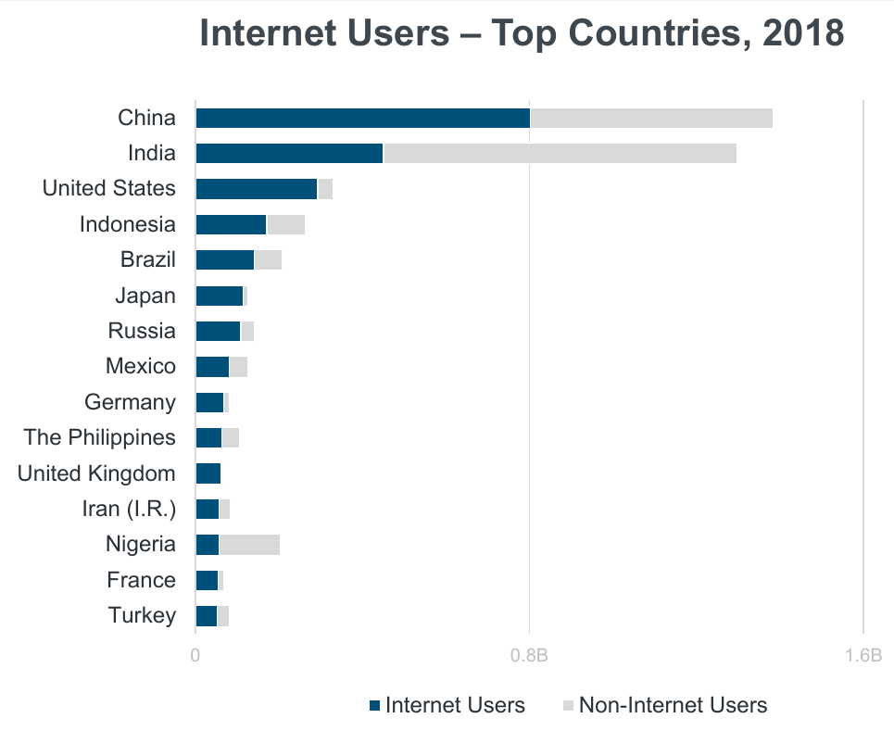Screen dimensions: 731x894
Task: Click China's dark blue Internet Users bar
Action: point(362,118)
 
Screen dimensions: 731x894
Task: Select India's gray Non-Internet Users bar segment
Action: point(560,153)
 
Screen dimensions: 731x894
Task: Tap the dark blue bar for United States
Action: point(257,189)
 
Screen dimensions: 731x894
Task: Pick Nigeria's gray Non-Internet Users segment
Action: point(249,545)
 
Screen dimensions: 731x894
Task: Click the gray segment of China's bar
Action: point(651,118)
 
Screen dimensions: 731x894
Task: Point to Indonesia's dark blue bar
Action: point(231,224)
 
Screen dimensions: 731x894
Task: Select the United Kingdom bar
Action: point(208,473)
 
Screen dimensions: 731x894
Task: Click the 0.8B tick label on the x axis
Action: point(529,656)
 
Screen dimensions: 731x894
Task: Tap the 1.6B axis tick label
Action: point(863,656)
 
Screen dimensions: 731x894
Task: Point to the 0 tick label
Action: point(195,656)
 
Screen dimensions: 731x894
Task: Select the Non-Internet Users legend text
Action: point(673,705)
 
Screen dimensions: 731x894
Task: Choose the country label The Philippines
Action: point(99,437)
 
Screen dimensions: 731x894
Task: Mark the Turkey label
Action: point(142,615)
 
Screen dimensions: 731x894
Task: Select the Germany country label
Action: point(130,402)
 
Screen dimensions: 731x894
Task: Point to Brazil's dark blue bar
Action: point(225,260)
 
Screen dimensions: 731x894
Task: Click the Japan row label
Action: point(145,296)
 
